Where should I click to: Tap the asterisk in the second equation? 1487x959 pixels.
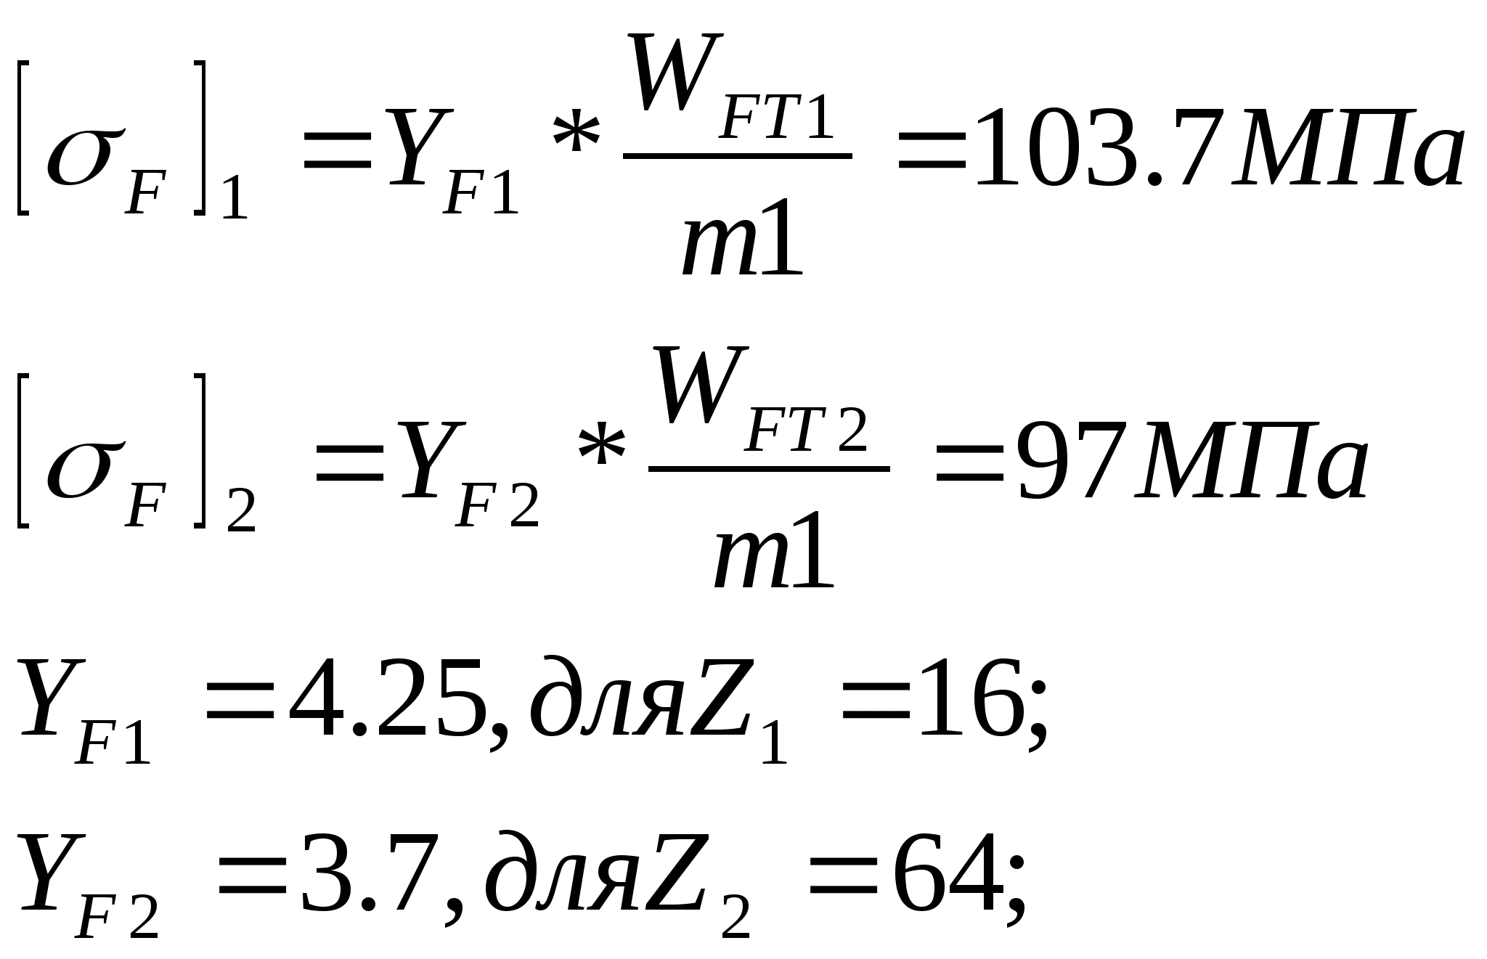[x=601, y=447]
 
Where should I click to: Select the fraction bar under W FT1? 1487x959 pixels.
[x=737, y=155]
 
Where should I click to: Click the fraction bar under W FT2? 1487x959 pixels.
[x=769, y=469]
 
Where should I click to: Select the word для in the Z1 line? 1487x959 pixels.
[x=606, y=701]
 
